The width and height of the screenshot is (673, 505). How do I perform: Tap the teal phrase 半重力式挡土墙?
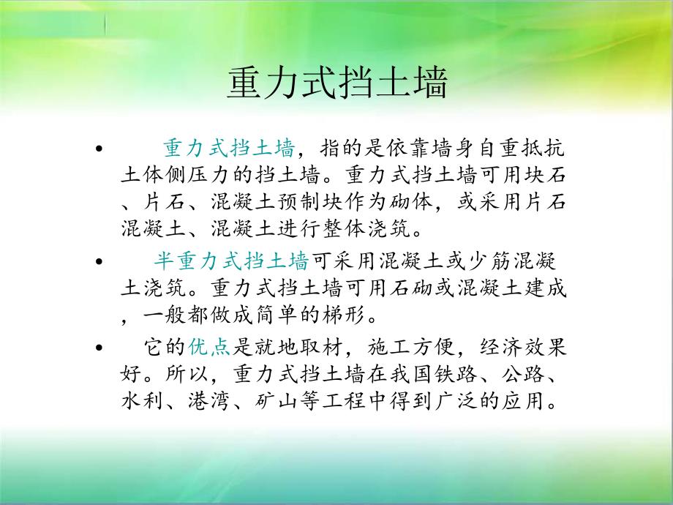click(230, 261)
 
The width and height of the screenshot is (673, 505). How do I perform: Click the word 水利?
click(138, 401)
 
